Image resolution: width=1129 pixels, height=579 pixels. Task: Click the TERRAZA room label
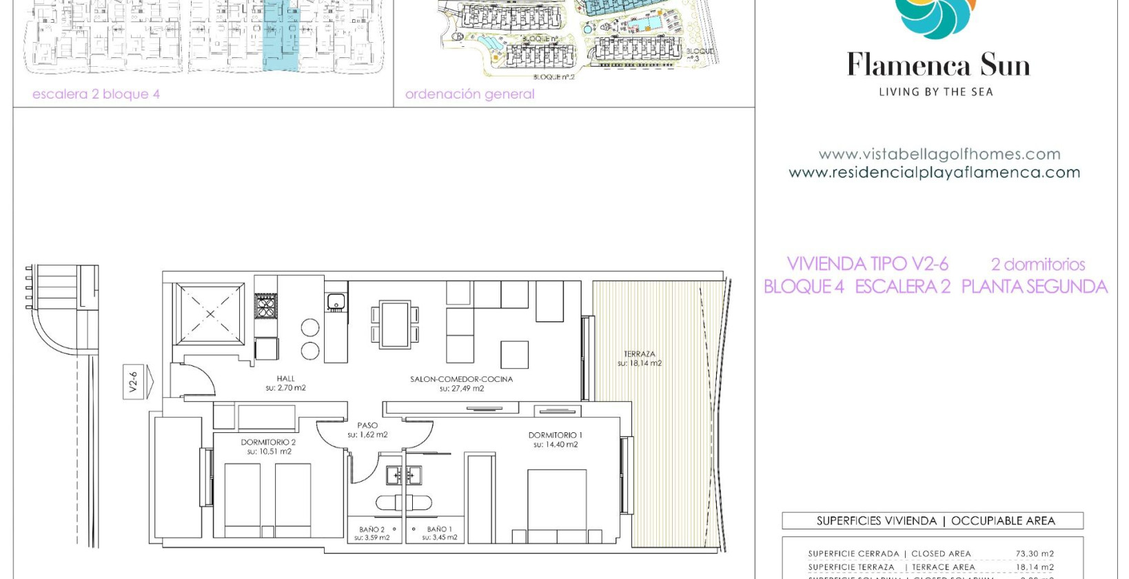pos(639,354)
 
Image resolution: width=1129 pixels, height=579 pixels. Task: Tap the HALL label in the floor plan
pos(285,379)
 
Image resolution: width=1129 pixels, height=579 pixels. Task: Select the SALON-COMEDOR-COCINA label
pos(461,380)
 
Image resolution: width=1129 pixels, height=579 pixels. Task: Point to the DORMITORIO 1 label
pos(555,436)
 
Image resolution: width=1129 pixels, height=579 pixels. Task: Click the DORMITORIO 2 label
pos(268,443)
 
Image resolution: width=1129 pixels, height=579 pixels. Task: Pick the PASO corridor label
pos(367,426)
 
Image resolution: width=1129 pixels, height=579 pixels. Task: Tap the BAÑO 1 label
pos(439,529)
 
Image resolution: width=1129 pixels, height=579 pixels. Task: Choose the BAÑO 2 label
pos(372,529)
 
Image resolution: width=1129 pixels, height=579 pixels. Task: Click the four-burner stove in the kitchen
pos(266,305)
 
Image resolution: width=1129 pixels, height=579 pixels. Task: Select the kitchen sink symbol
pos(336,301)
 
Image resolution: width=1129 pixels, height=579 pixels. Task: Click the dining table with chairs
pos(395,324)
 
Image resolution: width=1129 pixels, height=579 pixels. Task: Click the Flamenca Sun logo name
pos(937,65)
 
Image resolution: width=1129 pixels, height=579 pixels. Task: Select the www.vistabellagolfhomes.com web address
pos(939,154)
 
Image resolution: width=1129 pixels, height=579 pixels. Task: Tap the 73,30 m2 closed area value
pos(1034,553)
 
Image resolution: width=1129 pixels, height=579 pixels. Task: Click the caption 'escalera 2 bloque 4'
pos(96,94)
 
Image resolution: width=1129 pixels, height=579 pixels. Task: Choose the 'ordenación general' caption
pos(469,94)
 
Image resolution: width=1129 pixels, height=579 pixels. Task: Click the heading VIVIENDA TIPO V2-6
pos(867,264)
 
